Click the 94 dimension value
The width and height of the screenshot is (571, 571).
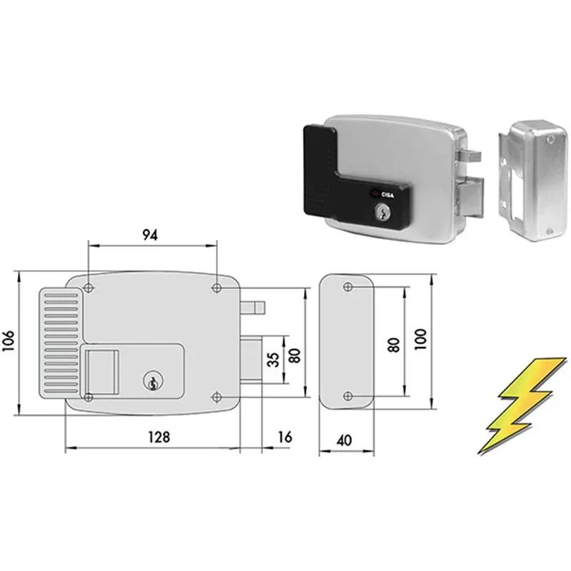[150, 236]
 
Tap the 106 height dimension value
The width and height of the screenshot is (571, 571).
[9, 340]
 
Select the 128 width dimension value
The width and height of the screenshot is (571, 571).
[159, 436]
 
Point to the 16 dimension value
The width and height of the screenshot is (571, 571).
[285, 436]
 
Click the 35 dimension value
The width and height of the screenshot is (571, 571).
[275, 359]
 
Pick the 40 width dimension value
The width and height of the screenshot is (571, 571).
[344, 440]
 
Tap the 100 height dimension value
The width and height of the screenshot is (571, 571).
[420, 339]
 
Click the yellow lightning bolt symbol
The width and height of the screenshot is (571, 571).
[522, 405]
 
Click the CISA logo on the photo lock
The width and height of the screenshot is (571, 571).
[385, 194]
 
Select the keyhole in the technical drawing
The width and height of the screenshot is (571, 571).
[153, 381]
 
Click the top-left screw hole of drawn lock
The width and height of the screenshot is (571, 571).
[89, 288]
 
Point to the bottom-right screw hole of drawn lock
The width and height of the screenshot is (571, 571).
[217, 397]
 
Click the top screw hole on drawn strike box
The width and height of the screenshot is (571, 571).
[348, 287]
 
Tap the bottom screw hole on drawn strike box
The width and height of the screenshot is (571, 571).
[348, 396]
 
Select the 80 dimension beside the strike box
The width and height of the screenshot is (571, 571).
[394, 345]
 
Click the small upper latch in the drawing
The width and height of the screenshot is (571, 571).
[253, 308]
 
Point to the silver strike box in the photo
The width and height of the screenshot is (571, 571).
[532, 180]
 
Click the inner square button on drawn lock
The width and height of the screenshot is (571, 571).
[101, 372]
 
